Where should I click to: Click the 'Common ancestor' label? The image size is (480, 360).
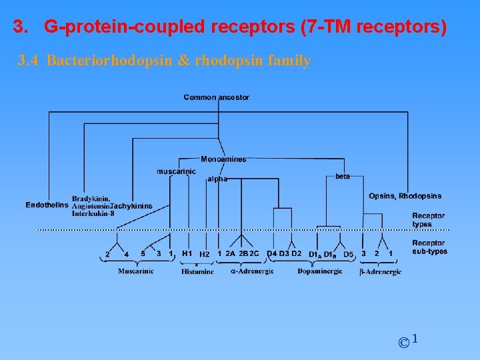point(216,97)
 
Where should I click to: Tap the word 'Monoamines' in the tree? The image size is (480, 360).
point(223,159)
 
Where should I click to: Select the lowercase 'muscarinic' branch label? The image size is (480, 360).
point(176,171)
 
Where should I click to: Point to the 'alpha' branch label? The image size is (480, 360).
point(217,179)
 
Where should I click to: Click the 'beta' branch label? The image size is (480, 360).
point(343,176)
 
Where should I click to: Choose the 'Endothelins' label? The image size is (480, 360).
point(47,205)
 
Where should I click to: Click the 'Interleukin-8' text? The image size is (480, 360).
point(93,213)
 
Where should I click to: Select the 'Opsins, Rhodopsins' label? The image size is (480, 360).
point(405,196)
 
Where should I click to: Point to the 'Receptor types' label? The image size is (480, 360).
point(428,220)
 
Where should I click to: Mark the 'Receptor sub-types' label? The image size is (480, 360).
point(429,247)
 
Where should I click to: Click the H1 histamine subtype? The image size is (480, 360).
point(187,253)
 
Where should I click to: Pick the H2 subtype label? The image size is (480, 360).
point(205,254)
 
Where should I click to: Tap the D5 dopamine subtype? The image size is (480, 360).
point(348,254)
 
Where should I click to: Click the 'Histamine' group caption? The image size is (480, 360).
point(197,271)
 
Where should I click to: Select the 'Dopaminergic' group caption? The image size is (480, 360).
point(319,271)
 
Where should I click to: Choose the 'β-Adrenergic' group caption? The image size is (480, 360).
point(380,271)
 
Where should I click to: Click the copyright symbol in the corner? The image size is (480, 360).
point(403,343)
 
